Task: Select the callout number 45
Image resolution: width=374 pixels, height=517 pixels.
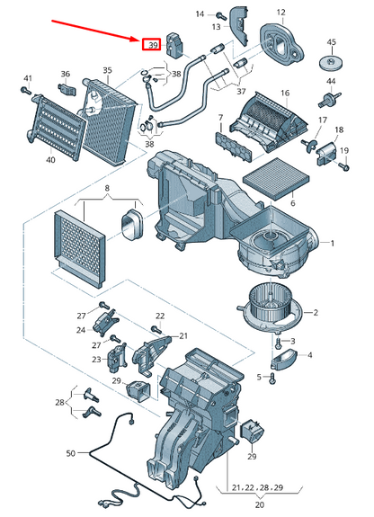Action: click(x=332, y=43)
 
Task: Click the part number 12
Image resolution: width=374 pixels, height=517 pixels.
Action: click(x=280, y=13)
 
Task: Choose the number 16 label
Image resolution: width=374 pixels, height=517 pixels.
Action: click(x=284, y=93)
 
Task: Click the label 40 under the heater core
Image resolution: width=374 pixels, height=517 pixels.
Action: click(x=50, y=160)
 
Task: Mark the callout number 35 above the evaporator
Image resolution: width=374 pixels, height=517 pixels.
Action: click(x=108, y=70)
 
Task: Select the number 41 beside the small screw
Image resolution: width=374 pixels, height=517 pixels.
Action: click(x=27, y=78)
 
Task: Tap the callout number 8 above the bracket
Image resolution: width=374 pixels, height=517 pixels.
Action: click(x=107, y=189)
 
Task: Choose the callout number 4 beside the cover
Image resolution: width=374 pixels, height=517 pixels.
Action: click(x=310, y=356)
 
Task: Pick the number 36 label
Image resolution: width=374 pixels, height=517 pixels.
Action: click(x=66, y=75)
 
